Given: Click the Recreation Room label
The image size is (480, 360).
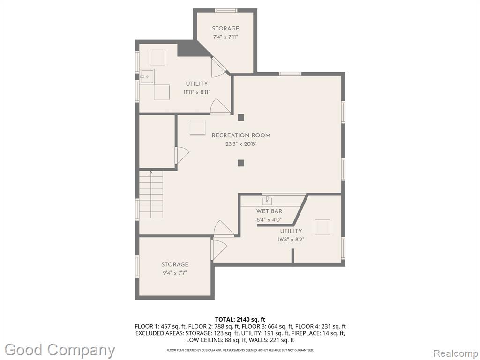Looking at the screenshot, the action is coord(241,135).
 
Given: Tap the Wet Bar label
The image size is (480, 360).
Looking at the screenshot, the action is coord(269,211).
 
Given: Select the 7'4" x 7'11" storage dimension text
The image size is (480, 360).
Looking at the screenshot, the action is coord(225,37).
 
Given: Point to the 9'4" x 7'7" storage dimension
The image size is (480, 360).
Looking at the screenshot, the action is coord(175,273).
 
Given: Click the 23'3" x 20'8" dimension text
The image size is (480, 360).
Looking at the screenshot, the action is coord(241,144).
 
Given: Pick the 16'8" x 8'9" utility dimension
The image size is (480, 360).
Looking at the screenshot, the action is coord(291,240).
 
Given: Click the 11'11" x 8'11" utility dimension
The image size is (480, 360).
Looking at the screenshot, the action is coord(197,92).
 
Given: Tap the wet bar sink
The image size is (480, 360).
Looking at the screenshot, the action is coord(267,201).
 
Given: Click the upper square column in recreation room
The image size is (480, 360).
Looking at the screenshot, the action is coord(241,118).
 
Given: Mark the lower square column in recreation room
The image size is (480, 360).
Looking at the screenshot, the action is coord(241,163).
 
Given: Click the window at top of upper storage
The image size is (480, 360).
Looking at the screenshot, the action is coord(226,10).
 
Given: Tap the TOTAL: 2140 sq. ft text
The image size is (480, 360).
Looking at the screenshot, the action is coord(240,320).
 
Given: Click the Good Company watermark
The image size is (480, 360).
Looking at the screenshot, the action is coord(60,350).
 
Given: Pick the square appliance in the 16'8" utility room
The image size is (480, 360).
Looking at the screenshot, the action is coord(322,227).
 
